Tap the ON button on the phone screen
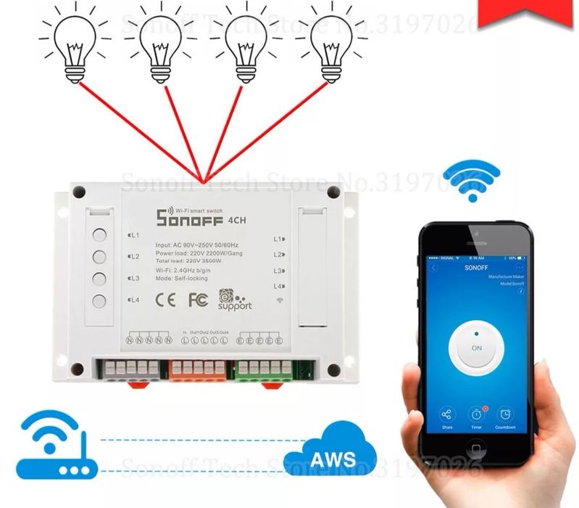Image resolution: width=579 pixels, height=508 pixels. click(476, 348)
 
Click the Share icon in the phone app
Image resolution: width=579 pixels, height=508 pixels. click(446, 415)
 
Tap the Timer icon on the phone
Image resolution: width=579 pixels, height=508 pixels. click(476, 415)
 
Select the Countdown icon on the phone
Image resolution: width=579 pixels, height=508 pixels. click(506, 415)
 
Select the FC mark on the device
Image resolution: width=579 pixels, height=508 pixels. click(198, 298)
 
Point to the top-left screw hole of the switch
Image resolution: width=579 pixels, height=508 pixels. click(80, 193)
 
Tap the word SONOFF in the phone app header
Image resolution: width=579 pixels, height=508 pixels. click(475, 267)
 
